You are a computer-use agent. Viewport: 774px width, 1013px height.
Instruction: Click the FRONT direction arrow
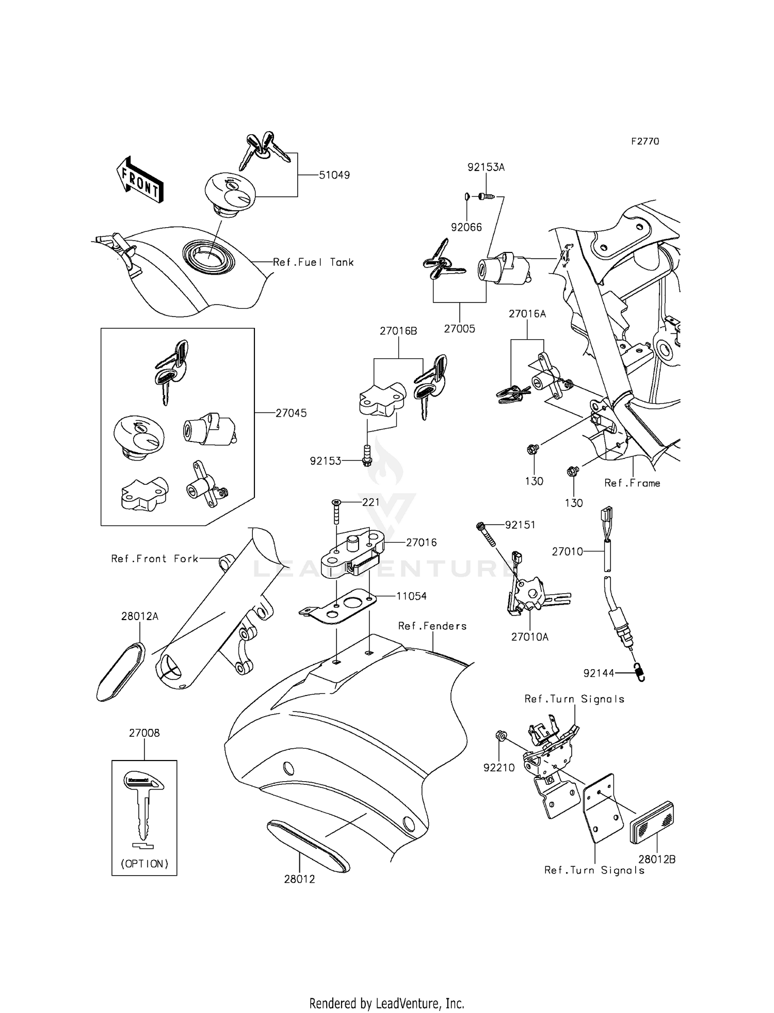140,179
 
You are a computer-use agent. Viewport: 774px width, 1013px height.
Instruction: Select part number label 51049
334,175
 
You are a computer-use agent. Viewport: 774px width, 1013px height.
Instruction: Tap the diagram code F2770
645,141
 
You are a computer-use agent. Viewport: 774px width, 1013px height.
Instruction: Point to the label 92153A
486,167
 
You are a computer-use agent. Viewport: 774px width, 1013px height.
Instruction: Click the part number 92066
466,227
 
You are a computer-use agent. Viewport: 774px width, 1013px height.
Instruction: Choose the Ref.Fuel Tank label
313,262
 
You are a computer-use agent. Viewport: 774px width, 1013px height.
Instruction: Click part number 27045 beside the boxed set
291,413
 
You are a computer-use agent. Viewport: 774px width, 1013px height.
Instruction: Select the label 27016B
398,331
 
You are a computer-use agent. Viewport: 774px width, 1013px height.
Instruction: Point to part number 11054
411,596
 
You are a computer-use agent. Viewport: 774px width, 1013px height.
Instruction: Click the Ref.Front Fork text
155,559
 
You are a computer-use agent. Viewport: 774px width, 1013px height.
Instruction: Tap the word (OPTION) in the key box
144,864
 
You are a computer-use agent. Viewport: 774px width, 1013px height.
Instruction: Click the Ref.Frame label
632,483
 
